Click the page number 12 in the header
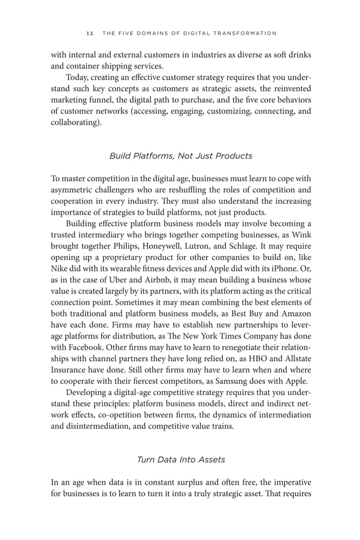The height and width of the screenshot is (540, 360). click(90, 33)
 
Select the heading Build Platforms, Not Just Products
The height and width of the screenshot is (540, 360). click(181, 155)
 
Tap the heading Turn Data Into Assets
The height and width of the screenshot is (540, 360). click(181, 459)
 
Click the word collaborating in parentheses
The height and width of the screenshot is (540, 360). click(74, 123)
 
